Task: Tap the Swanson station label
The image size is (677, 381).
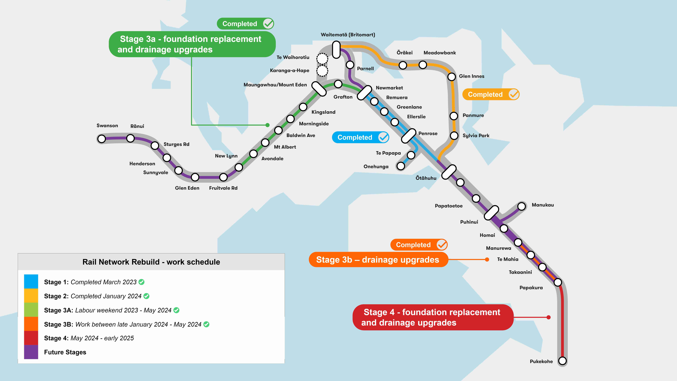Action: [107, 126]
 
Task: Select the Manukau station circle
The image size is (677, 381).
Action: [522, 206]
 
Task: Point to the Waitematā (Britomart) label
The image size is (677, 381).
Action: [348, 35]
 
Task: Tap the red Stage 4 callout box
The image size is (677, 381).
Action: [433, 317]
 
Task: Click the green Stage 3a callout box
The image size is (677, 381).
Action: [192, 44]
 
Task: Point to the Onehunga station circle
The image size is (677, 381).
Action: [401, 166]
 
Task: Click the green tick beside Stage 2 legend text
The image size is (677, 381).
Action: [146, 296]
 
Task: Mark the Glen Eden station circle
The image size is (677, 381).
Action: [195, 177]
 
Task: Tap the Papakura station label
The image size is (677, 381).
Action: [531, 288]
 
